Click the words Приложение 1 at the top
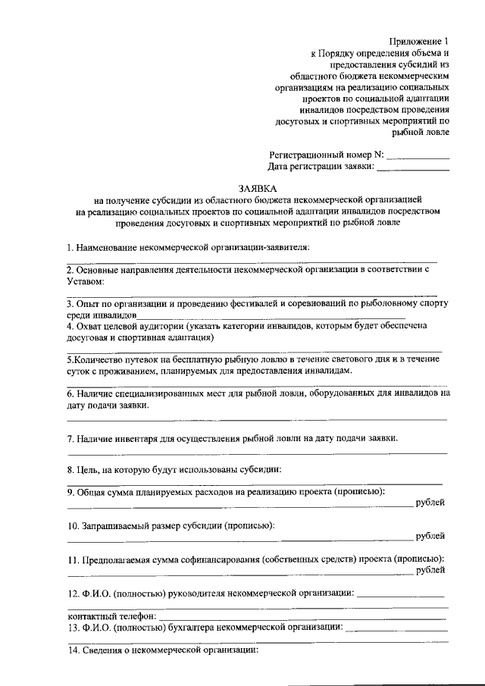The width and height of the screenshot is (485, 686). pos(418,41)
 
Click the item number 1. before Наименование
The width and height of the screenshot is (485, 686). pos(69,247)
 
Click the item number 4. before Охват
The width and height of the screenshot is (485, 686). pos(70,325)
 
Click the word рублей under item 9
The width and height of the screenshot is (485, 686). pos(431,503)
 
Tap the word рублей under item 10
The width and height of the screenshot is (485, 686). pos(431,537)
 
